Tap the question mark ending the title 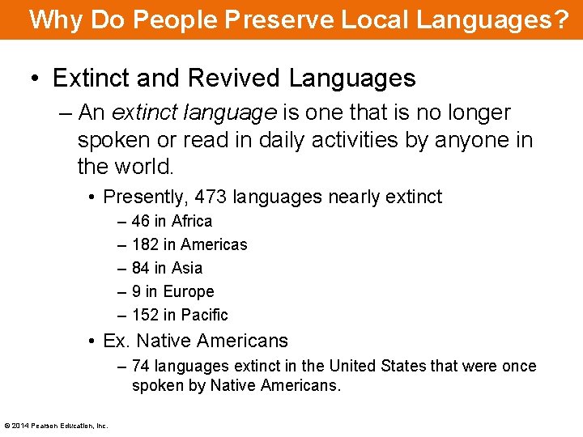[x=562, y=19]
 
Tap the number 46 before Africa [x=141, y=221]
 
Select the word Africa [x=191, y=221]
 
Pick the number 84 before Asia [x=141, y=268]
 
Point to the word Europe [x=189, y=291]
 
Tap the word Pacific [x=205, y=315]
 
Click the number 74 [x=141, y=366]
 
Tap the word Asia [x=187, y=268]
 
